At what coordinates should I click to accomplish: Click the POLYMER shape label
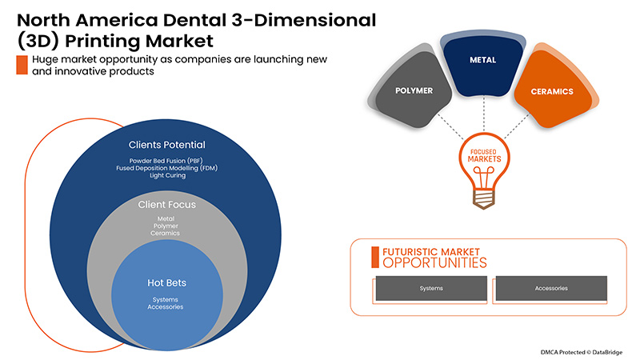[414, 90]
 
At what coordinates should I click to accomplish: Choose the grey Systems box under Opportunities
[431, 288]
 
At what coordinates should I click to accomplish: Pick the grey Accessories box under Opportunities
[551, 288]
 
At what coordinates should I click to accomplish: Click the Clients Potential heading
[167, 145]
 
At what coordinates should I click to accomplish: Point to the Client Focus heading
[167, 205]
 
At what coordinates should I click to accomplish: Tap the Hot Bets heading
[167, 282]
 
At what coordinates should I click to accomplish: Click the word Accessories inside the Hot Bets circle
[167, 306]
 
